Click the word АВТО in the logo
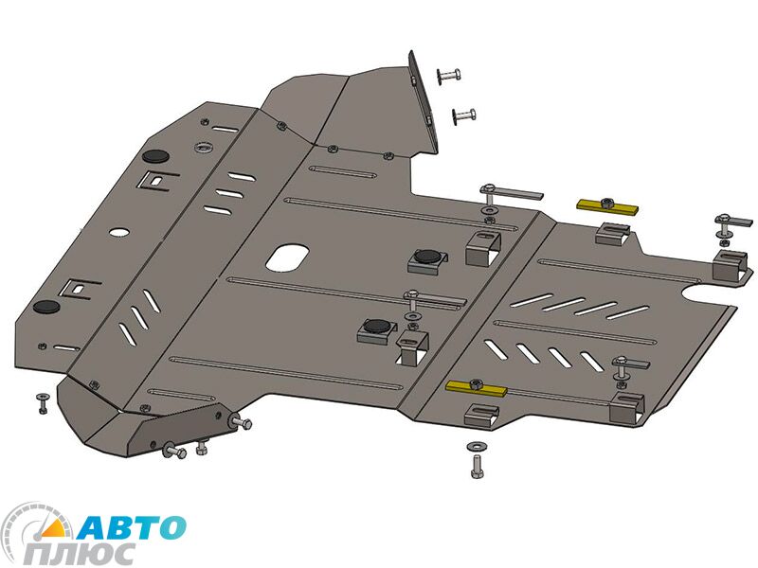(131, 527)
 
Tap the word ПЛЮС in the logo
(81, 554)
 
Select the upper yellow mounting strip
(607, 206)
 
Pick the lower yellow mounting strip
(477, 387)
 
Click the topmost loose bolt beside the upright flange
(448, 76)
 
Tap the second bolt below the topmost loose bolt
(463, 115)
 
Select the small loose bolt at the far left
(42, 403)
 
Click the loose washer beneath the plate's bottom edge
(476, 446)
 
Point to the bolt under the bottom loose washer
(477, 467)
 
